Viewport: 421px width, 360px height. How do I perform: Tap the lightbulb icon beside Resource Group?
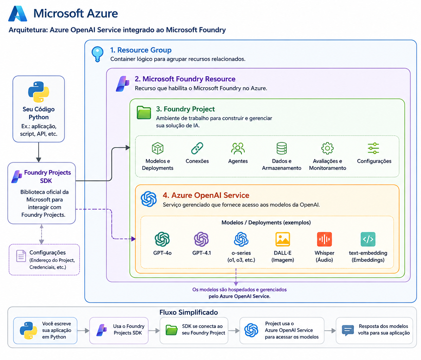(97, 54)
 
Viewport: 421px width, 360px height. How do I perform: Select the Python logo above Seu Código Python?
(39, 92)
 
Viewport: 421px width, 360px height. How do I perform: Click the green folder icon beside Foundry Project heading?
(144, 112)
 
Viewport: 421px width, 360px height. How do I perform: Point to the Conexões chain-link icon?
(197, 148)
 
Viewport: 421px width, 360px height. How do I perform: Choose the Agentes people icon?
(238, 148)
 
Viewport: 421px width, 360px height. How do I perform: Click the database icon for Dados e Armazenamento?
(282, 148)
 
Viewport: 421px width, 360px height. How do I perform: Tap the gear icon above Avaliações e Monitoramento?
(327, 148)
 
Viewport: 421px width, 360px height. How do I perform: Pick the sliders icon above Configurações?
(374, 148)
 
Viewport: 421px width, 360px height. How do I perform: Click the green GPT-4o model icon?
(162, 239)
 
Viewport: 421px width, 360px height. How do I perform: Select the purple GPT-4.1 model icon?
(202, 239)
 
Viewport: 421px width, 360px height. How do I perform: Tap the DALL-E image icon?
(283, 239)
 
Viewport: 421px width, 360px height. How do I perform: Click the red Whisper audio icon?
(324, 239)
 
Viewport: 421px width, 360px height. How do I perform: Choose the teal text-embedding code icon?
(368, 239)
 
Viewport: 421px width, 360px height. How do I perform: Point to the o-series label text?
(241, 253)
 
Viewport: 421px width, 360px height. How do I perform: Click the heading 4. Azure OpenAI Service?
(206, 195)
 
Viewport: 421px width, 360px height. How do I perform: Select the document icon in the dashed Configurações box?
(21, 256)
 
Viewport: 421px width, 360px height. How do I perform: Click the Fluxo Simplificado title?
(189, 312)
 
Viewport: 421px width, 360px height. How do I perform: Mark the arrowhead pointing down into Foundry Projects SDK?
(39, 160)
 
